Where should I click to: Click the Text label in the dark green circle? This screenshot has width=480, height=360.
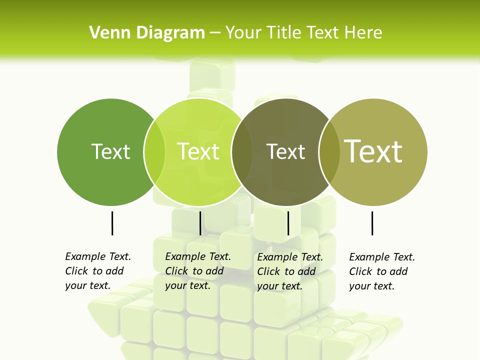(x=111, y=151)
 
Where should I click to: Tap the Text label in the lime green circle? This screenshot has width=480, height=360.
(x=198, y=151)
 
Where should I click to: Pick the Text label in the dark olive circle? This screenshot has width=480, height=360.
(x=285, y=151)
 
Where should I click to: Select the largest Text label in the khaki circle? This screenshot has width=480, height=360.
(x=373, y=151)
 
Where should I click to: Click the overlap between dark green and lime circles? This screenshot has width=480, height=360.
(x=154, y=152)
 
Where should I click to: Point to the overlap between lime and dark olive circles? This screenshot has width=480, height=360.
(x=242, y=152)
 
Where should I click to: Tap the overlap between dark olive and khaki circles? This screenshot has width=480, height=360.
(x=329, y=152)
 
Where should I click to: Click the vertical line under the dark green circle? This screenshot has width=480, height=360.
(x=112, y=223)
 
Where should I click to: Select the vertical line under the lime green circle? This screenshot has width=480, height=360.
(x=200, y=223)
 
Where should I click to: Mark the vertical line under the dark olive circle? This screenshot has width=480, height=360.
(x=288, y=223)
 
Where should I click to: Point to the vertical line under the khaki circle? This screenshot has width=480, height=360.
(x=372, y=223)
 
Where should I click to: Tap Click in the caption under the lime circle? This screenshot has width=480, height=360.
(x=176, y=271)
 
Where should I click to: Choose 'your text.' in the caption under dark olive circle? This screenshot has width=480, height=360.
(x=279, y=286)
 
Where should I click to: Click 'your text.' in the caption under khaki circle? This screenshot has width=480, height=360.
(x=371, y=286)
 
